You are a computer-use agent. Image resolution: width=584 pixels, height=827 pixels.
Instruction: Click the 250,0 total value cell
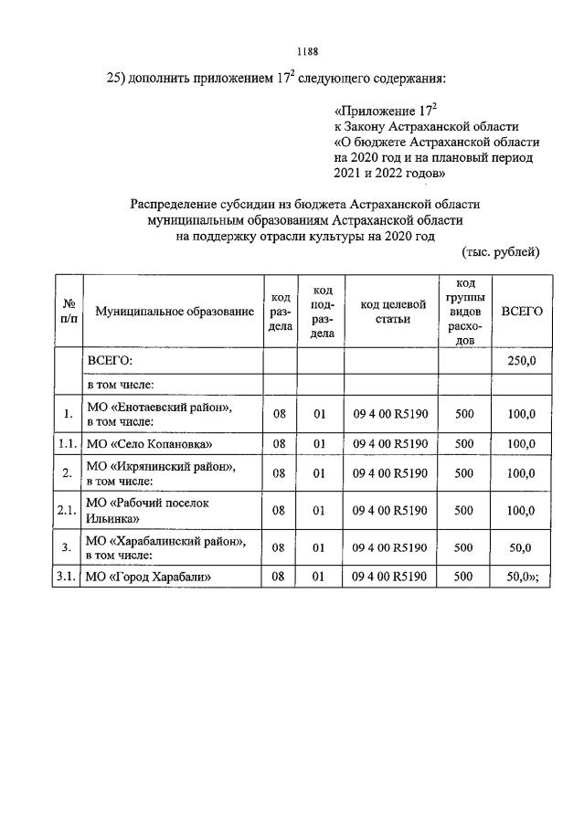(521, 361)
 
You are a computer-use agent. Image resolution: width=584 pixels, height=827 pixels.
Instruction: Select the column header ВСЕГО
(522, 312)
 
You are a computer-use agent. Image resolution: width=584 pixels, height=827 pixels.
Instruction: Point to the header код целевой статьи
(391, 312)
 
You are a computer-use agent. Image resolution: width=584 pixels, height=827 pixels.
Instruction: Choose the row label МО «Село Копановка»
(148, 444)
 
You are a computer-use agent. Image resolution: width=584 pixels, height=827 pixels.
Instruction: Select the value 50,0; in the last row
(523, 577)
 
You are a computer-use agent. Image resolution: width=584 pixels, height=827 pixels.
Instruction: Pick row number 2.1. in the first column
(67, 510)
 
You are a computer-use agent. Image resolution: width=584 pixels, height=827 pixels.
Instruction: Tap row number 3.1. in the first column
(67, 577)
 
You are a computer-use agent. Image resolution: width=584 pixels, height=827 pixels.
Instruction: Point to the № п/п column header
(68, 312)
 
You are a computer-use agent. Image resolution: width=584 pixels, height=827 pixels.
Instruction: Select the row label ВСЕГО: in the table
(109, 361)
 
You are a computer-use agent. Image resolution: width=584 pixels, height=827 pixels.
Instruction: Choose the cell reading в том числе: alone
(120, 386)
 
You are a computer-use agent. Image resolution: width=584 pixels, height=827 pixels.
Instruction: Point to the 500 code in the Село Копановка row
(463, 444)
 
